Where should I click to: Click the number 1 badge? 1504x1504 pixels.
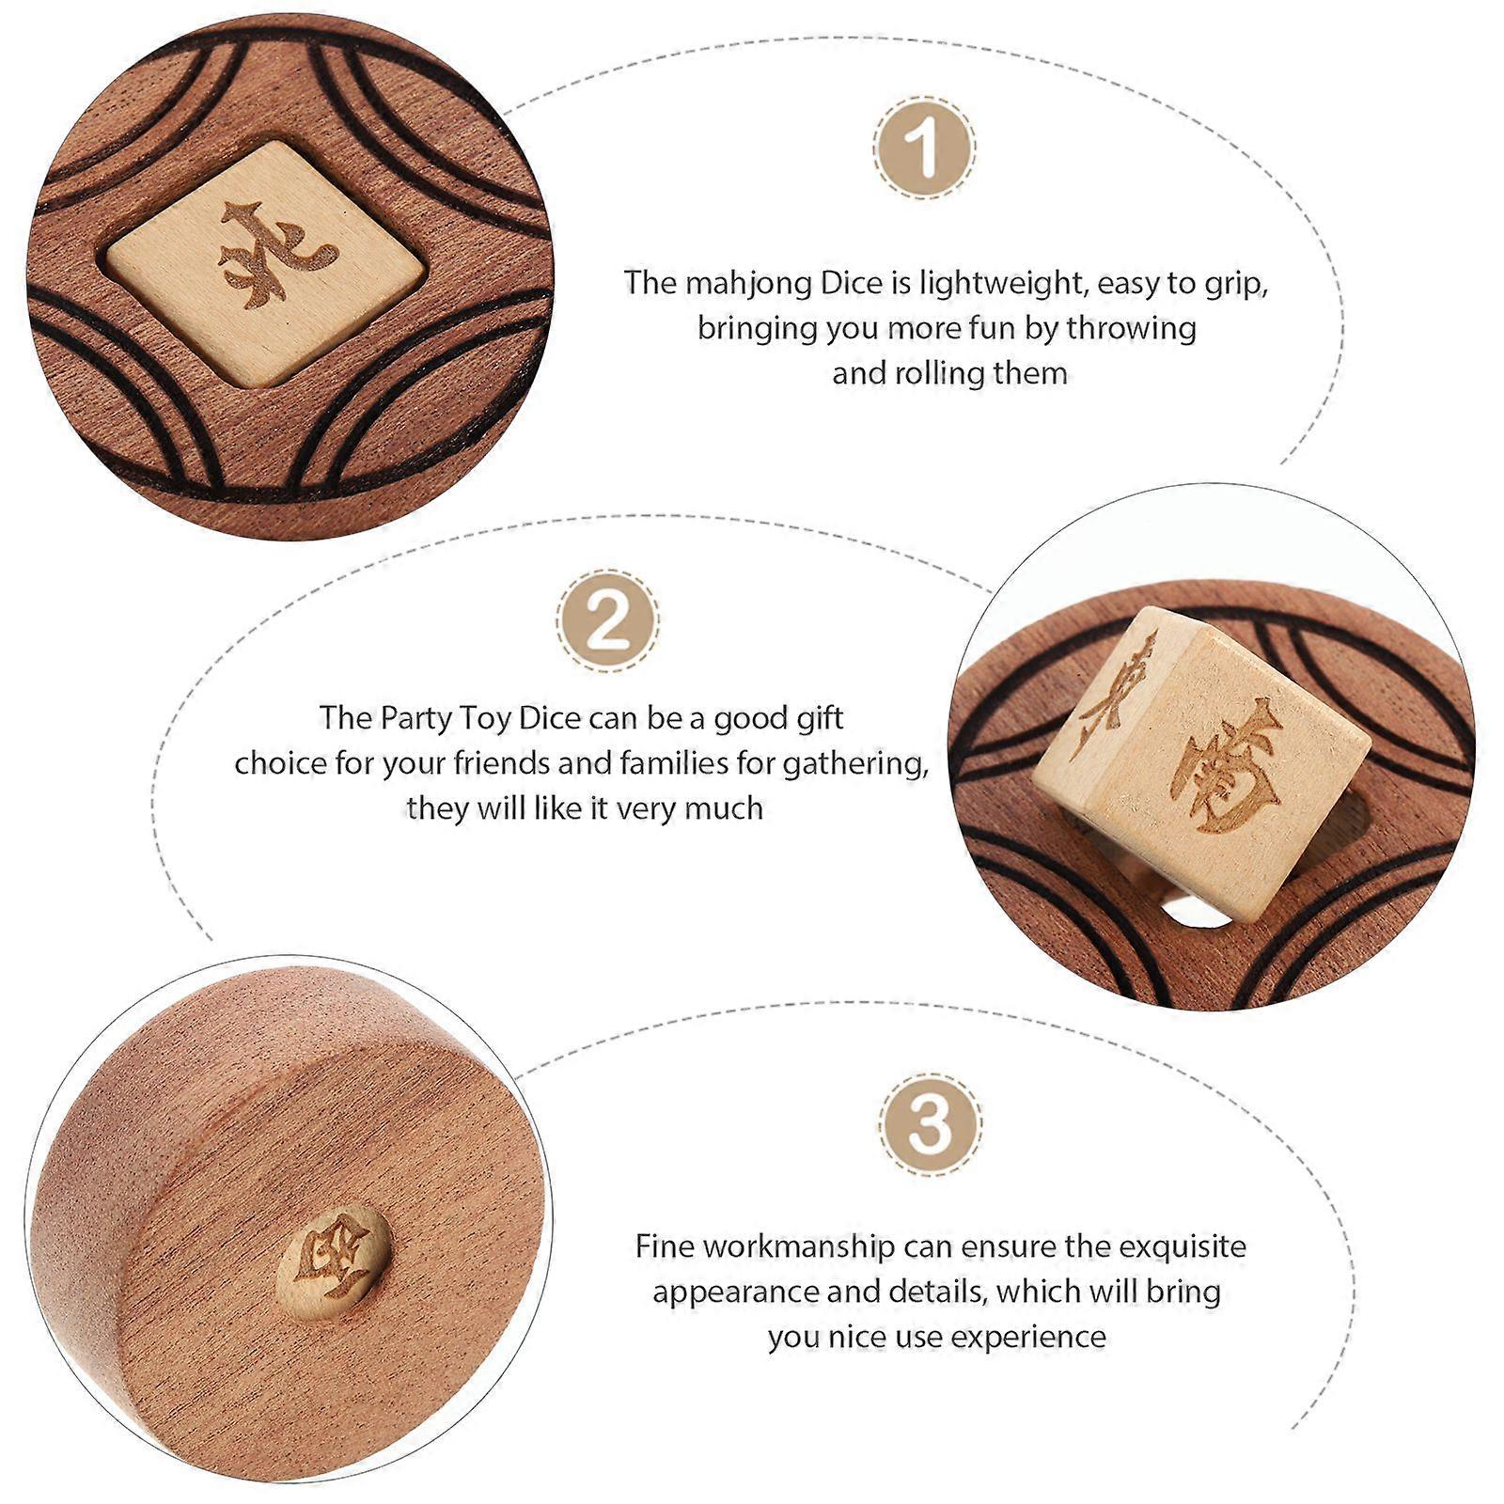click(924, 148)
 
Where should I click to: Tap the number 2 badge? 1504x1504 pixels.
click(607, 620)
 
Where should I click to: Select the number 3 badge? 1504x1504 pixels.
click(931, 1124)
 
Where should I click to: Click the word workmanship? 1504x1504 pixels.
click(799, 1247)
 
